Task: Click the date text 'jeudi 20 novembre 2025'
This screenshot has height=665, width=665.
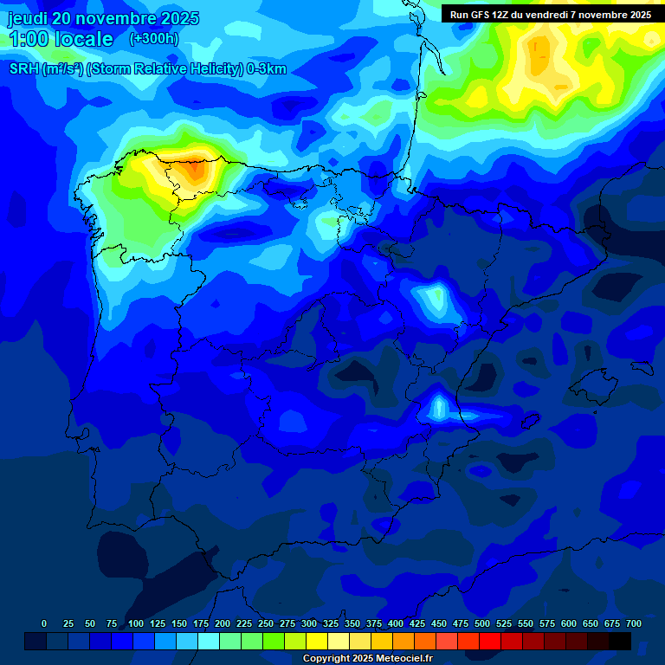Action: click(x=104, y=18)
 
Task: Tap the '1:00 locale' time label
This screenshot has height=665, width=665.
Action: click(x=61, y=39)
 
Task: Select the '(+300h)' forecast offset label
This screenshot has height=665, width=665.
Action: click(x=153, y=39)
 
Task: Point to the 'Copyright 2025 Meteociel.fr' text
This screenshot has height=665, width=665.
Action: click(x=367, y=659)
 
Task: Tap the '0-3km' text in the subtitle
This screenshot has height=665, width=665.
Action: click(x=267, y=69)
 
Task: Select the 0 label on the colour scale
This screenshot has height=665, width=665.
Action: click(x=44, y=623)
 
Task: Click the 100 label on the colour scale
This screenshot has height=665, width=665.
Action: click(x=136, y=623)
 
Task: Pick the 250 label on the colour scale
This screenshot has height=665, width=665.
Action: click(x=266, y=623)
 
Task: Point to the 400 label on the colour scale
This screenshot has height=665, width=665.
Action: click(x=396, y=623)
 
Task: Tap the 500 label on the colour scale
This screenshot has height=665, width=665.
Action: click(x=482, y=623)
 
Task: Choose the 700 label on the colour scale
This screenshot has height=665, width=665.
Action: click(x=634, y=623)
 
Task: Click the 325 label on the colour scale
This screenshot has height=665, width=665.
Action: click(x=331, y=623)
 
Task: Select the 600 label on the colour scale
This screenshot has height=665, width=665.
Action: click(x=569, y=623)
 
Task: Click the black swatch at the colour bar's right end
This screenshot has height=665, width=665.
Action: click(x=619, y=641)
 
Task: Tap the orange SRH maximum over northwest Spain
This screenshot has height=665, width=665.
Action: click(x=197, y=169)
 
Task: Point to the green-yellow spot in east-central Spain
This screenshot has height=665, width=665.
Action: click(x=433, y=300)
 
